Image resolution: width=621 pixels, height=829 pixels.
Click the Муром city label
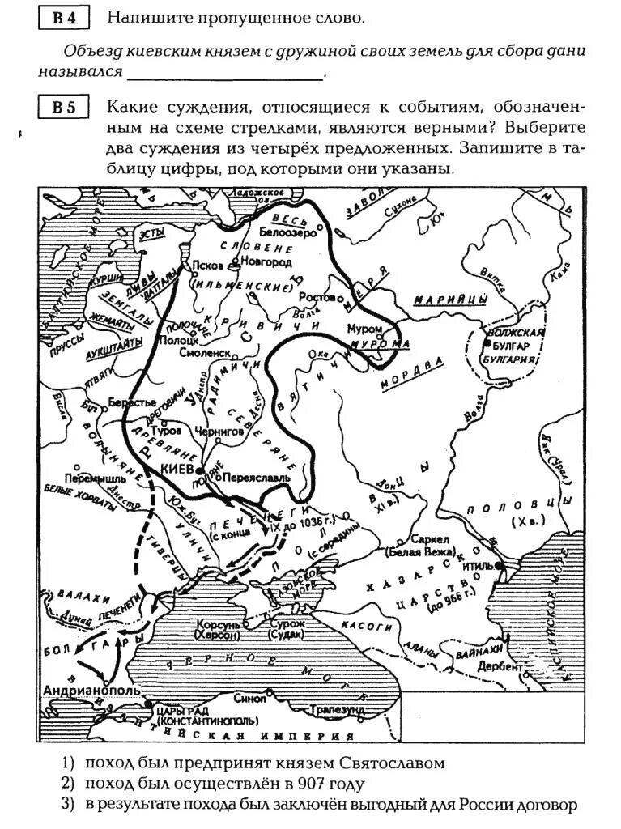pos(364,329)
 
